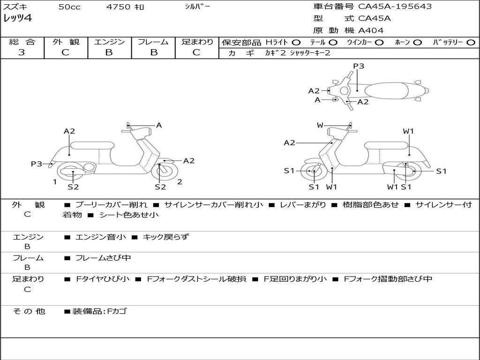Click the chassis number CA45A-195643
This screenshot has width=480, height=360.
395,7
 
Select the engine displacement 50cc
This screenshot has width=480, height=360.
69,7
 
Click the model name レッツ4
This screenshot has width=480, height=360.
17,19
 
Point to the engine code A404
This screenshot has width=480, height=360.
371,30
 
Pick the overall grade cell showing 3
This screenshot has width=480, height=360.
22,52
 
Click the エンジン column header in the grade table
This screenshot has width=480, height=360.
109,42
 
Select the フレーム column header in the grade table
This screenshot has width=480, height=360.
153,42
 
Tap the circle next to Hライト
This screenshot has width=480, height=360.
296,42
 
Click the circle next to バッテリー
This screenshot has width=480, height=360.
470,42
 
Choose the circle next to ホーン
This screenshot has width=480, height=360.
417,42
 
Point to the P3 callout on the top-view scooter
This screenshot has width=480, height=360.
359,66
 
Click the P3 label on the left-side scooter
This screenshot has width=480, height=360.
37,164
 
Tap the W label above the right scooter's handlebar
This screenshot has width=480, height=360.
320,125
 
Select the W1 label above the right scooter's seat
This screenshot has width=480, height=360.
408,131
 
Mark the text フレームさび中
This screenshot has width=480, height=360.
103,258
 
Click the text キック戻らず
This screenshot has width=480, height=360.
165,237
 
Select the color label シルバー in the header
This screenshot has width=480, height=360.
197,7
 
